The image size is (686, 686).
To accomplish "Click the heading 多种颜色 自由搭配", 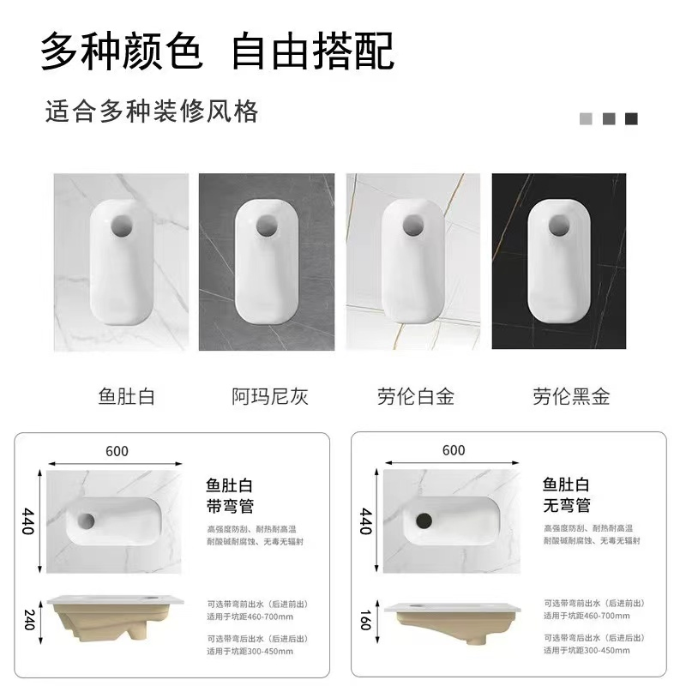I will tap(218, 52).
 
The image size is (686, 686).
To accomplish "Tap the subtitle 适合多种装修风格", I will tap(151, 111).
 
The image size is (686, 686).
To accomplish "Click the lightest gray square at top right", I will tap(587, 119).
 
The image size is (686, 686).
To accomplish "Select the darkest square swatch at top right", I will tap(632, 119).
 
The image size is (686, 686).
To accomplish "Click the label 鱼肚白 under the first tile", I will tap(127, 396).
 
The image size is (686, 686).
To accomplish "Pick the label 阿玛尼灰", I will tap(270, 396).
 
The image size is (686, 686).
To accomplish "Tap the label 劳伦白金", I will tap(415, 396).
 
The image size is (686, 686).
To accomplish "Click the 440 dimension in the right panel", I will tap(366, 521).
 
